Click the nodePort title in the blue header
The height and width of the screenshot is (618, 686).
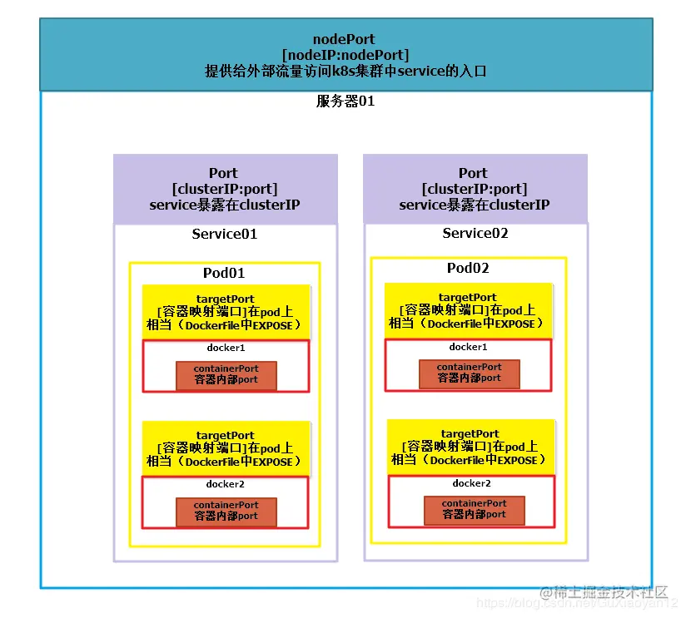click(344, 39)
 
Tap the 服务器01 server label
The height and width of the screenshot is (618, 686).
click(344, 101)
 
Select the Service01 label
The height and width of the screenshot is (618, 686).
click(225, 234)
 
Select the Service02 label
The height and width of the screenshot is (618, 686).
click(475, 234)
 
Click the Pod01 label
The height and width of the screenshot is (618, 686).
click(224, 273)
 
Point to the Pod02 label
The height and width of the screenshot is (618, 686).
click(468, 268)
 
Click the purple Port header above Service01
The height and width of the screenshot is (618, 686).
click(225, 189)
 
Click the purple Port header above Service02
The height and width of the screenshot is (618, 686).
click(475, 189)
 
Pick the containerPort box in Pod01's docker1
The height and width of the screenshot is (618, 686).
click(226, 373)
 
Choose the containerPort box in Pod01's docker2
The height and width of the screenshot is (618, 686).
click(226, 510)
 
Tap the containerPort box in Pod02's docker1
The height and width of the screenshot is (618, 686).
click(469, 372)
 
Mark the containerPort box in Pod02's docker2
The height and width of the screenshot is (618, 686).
click(474, 508)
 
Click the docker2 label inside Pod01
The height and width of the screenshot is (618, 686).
click(225, 484)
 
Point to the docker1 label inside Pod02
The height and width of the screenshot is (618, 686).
click(468, 347)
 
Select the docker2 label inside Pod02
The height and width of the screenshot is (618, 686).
click(472, 483)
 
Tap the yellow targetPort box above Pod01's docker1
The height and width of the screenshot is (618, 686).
click(226, 311)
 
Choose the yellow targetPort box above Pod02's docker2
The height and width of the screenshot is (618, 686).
click(471, 447)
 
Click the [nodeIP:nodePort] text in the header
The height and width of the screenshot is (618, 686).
click(345, 55)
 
